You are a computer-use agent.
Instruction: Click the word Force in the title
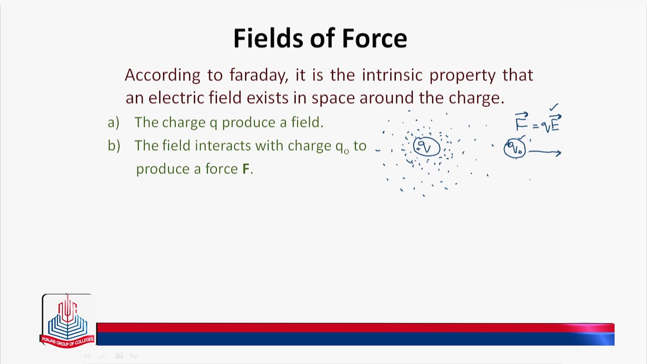(x=375, y=38)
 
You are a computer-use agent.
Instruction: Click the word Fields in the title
(x=268, y=38)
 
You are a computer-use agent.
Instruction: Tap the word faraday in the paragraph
(x=259, y=76)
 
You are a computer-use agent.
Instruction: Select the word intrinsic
(x=392, y=75)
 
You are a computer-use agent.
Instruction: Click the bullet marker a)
(x=113, y=122)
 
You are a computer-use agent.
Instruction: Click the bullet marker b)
(x=114, y=145)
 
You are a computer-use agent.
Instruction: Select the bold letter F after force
(x=246, y=169)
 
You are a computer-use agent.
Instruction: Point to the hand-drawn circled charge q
(x=427, y=147)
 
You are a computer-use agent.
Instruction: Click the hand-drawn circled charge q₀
(x=515, y=149)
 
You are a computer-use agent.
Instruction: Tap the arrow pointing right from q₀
(x=545, y=152)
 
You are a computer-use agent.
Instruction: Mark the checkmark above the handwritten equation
(x=554, y=107)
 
